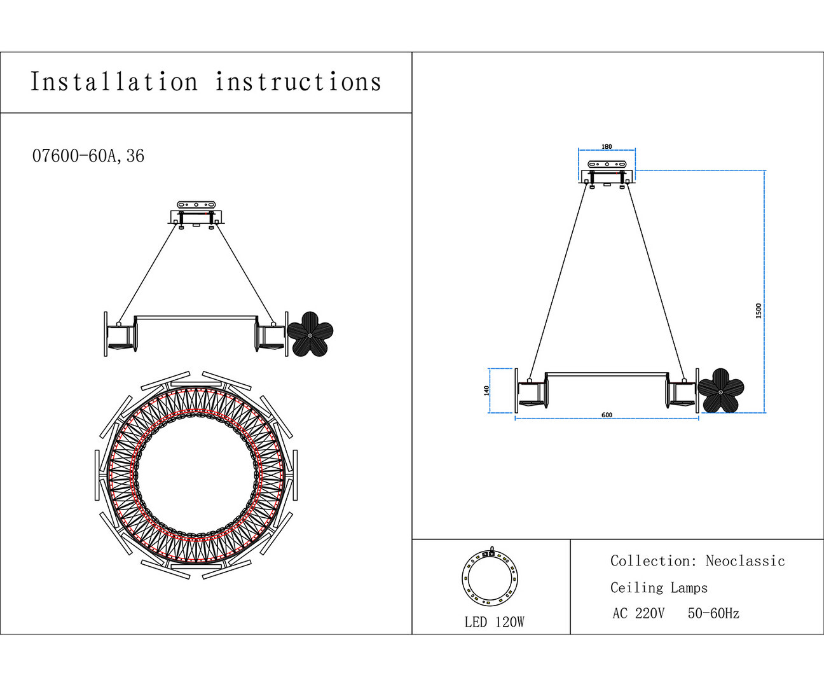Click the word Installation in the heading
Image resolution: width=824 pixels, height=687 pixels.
coord(114,83)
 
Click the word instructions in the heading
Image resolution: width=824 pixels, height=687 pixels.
coord(298,83)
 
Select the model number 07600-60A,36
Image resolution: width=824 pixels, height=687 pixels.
coord(88,156)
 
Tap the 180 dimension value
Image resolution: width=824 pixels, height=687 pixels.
coord(607,147)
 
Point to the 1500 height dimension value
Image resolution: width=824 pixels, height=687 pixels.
coord(759,310)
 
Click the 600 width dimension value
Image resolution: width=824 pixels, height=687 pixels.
coord(607,415)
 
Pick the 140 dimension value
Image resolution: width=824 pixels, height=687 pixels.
coord(487,390)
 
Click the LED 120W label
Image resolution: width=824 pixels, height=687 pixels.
coord(494,622)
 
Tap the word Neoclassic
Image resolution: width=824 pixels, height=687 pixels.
coord(745,561)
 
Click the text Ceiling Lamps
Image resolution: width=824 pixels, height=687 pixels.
coord(659,588)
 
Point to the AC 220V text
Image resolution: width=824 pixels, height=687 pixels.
coord(638,614)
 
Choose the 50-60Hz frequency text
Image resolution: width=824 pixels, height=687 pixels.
coord(713,614)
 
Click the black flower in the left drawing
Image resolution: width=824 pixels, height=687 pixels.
coord(310,334)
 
